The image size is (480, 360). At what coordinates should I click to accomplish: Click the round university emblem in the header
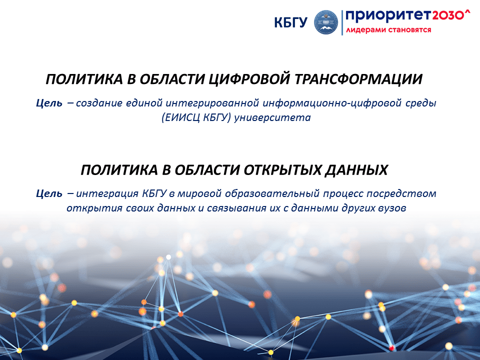click(x=326, y=22)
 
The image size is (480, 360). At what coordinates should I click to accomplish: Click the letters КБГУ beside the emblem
click(x=290, y=22)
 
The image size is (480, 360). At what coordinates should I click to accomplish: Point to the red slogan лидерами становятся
click(x=388, y=30)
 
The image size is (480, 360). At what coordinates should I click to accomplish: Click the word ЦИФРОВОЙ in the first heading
click(x=250, y=79)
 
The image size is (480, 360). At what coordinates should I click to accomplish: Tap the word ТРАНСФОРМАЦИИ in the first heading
click(x=358, y=79)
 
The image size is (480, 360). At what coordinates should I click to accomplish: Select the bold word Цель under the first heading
click(x=49, y=103)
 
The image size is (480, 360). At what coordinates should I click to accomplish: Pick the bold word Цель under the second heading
click(x=49, y=193)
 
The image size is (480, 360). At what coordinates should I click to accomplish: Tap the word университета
click(x=272, y=118)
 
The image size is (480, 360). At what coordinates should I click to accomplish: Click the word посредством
click(x=401, y=194)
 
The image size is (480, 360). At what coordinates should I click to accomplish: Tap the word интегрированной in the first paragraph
click(x=212, y=103)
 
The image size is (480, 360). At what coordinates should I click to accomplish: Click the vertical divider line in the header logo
click(x=342, y=22)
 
